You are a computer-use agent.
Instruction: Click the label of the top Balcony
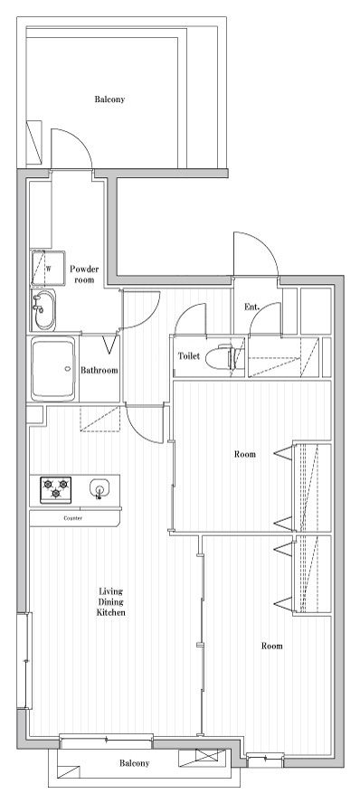109,99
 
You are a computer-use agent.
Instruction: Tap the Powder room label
84,274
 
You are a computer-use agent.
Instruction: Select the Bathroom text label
99,370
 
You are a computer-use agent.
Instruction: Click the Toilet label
189,356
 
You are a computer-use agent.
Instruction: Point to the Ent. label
252,307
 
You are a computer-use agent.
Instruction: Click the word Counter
72,518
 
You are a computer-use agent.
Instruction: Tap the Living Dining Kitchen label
111,601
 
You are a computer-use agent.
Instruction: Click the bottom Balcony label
135,763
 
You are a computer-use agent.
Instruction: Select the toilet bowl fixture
223,357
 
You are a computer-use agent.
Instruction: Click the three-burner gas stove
56,489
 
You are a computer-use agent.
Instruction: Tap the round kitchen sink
99,487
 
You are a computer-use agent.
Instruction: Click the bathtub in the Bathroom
53,369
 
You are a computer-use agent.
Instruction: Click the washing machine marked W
49,268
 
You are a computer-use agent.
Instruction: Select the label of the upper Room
245,454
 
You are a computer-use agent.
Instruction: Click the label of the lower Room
272,646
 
